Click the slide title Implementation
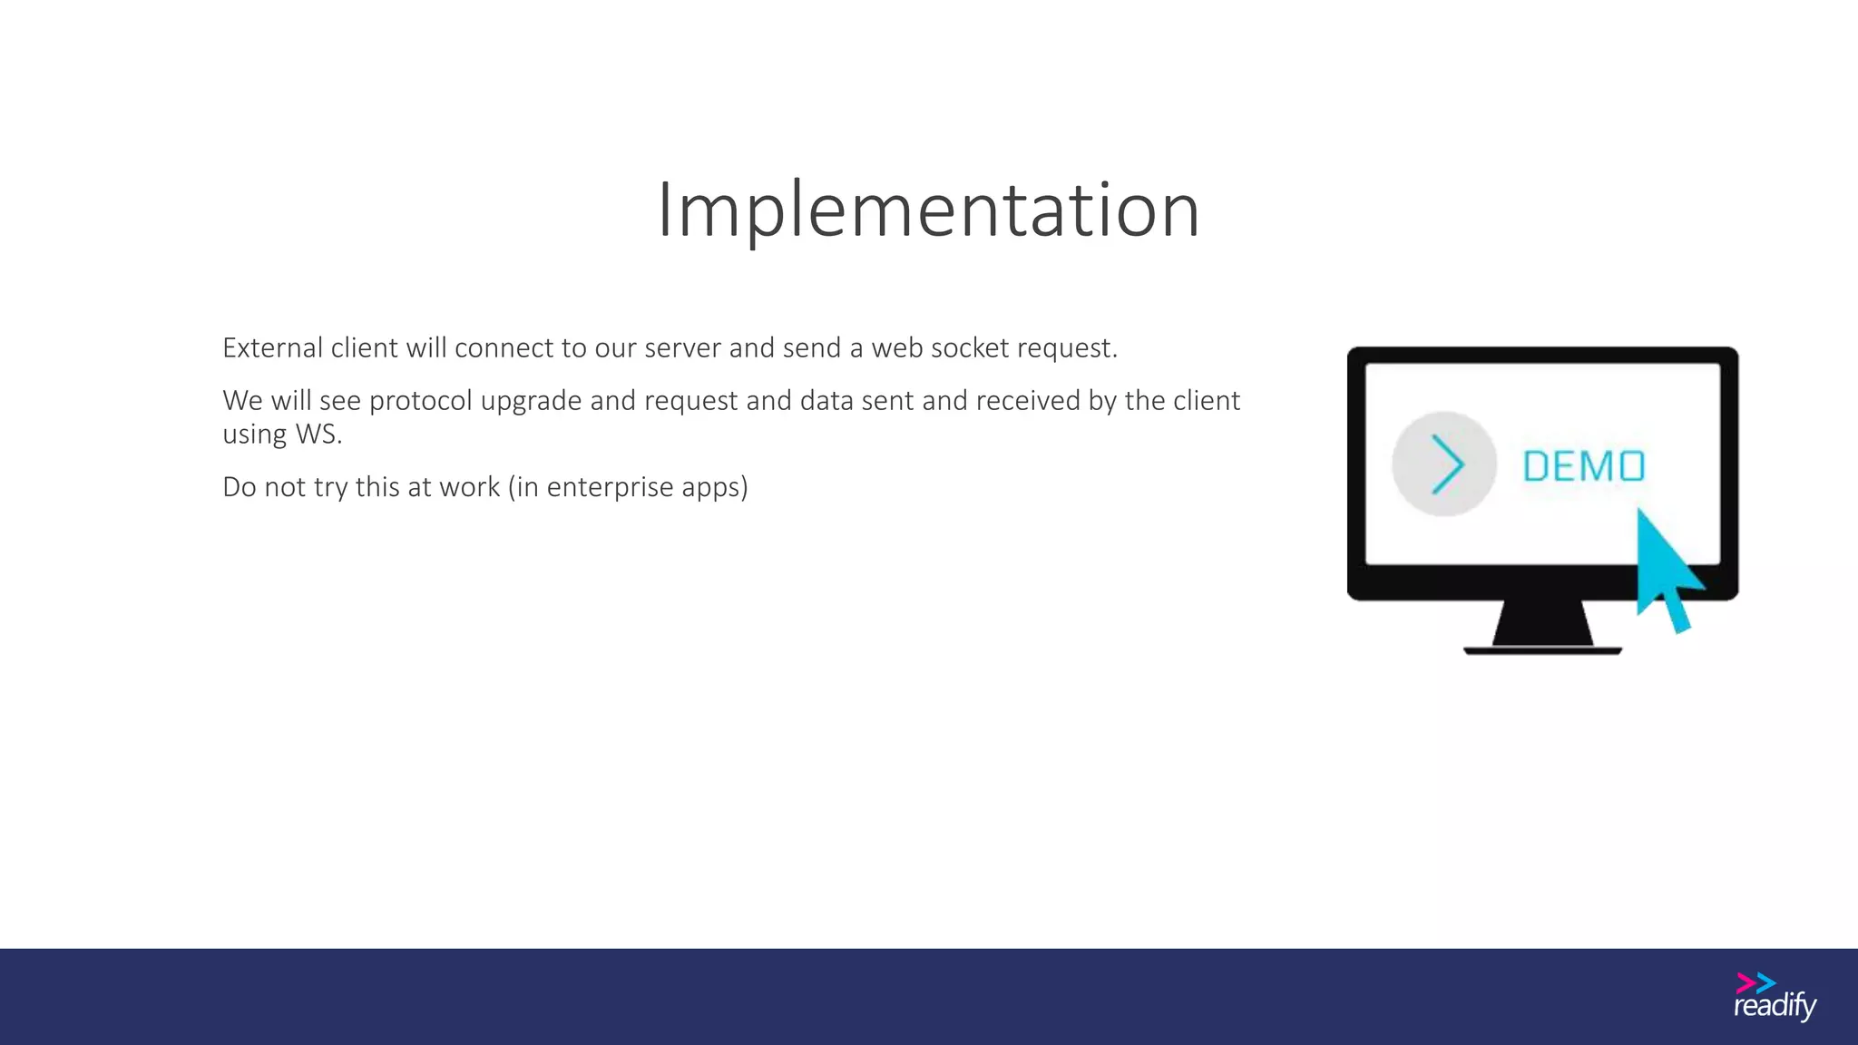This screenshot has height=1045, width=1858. point(928,210)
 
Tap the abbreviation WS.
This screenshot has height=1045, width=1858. point(318,435)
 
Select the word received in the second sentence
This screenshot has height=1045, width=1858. point(1028,401)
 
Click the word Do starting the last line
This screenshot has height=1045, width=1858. point(239,487)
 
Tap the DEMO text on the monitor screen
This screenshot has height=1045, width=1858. point(1583,466)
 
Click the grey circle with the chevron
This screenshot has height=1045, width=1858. point(1443,464)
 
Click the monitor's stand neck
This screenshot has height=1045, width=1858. point(1542,623)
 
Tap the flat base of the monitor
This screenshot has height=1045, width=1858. point(1542,650)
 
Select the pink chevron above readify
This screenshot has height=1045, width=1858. point(1745,983)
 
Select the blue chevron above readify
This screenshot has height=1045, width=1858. point(1765,983)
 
